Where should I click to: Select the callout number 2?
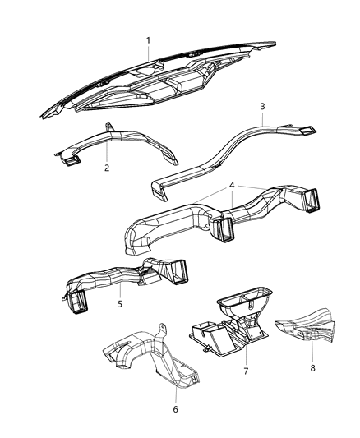(x=107, y=168)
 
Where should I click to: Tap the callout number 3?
(x=261, y=106)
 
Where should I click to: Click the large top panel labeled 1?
(x=164, y=82)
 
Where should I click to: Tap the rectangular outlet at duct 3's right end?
(x=307, y=130)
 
